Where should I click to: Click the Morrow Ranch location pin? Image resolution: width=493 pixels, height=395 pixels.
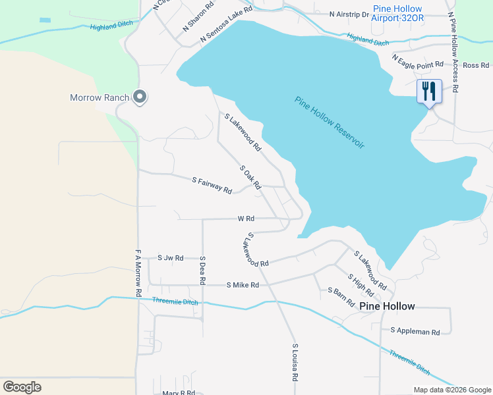pos(140,97)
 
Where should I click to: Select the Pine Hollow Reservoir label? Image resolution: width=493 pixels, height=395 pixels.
pos(330,122)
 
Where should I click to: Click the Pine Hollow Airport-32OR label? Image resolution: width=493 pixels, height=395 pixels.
pos(397,13)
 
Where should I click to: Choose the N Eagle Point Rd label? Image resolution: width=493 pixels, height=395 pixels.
pos(418,62)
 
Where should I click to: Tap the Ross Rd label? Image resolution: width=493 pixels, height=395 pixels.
pos(476,65)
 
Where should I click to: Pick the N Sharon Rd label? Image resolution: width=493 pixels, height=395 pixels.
pos(198,17)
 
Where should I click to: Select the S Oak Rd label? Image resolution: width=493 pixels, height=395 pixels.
pos(251,176)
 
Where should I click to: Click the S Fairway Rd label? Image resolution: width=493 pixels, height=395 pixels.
pos(212,185)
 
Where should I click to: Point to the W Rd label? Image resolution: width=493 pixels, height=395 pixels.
pos(246,219)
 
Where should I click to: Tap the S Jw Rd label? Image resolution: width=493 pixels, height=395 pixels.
pos(171,258)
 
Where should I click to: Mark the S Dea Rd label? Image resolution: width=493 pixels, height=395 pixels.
pos(203,270)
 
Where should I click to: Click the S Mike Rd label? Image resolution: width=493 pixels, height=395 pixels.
pos(243,285)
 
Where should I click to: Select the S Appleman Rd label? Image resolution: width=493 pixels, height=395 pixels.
pos(415,332)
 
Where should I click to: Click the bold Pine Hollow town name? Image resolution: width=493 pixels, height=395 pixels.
pos(387,306)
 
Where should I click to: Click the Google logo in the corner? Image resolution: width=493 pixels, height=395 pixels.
pos(22,387)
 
